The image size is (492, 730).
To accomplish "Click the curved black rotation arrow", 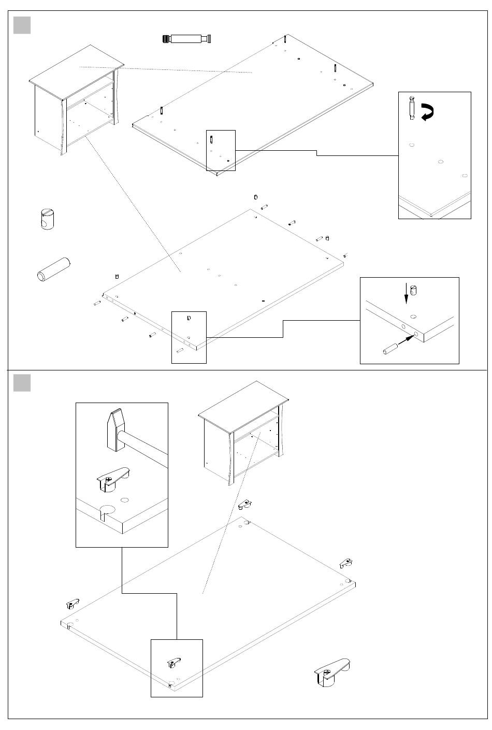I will [x=427, y=112].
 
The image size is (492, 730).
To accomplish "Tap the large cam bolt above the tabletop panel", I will [x=187, y=39].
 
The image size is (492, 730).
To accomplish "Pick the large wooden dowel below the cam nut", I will [x=53, y=269].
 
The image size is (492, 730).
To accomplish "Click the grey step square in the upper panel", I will [x=22, y=25].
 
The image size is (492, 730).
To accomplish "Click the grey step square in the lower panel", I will [x=22, y=383].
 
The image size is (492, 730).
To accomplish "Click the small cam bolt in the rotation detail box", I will [x=412, y=108].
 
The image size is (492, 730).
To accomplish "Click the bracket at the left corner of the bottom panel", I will [x=72, y=604].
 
